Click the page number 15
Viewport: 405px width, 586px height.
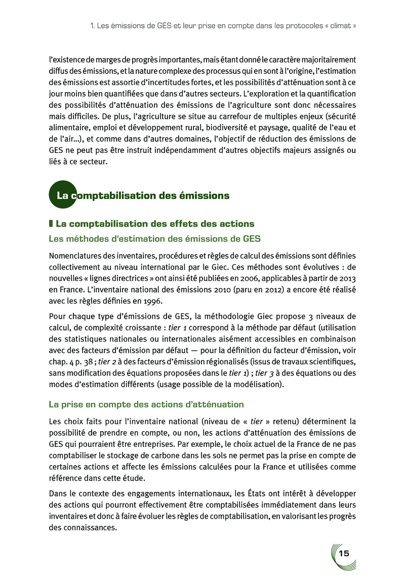click(x=344, y=553)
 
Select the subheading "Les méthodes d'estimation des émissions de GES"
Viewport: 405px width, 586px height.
click(x=154, y=239)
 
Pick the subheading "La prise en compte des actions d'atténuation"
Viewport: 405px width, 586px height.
click(x=146, y=404)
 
